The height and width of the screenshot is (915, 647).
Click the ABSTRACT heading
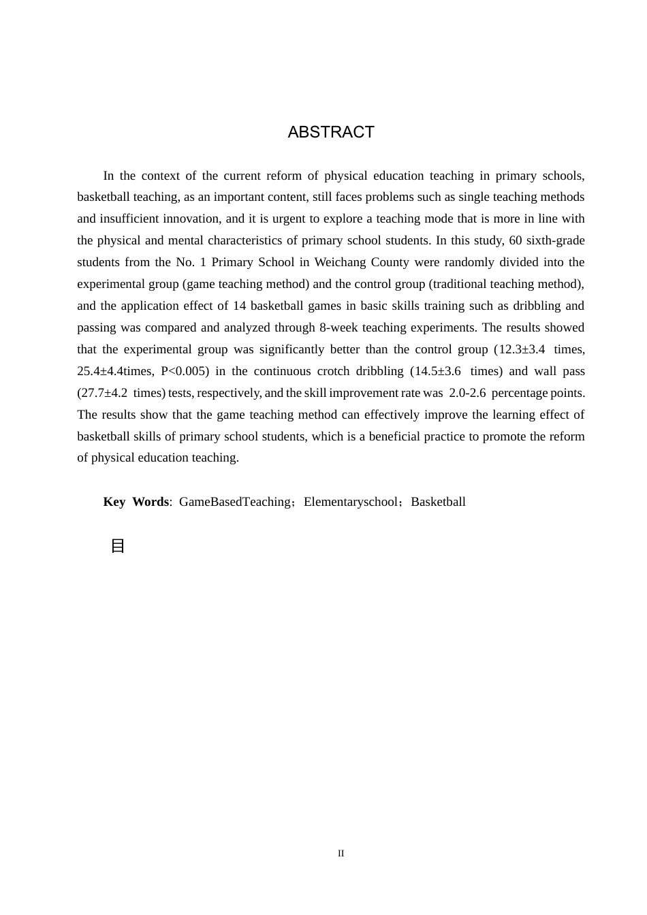(331, 132)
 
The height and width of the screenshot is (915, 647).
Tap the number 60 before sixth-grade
(516, 240)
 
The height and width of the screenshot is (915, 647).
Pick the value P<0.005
(185, 371)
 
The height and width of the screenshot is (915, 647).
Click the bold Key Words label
(136, 502)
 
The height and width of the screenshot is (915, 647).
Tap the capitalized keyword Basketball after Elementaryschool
(438, 502)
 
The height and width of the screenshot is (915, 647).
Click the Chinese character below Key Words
(118, 546)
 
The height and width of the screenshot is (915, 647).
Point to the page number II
(341, 854)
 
